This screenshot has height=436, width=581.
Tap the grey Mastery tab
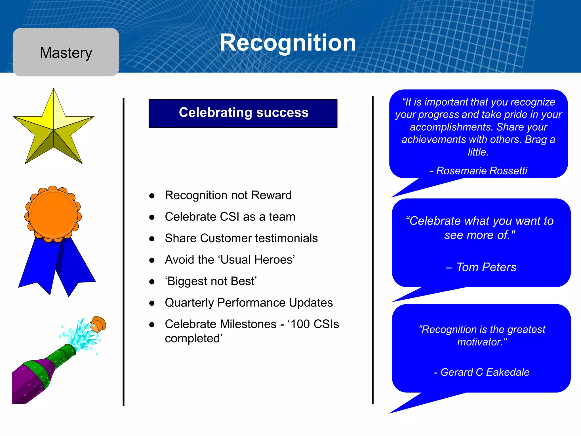pyautogui.click(x=66, y=53)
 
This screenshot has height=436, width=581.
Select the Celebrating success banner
pyautogui.click(x=243, y=113)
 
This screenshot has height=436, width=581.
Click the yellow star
pyautogui.click(x=54, y=128)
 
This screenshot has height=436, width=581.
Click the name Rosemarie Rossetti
pyautogui.click(x=481, y=171)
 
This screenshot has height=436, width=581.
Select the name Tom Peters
pyautogui.click(x=486, y=267)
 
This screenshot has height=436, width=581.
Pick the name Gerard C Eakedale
pyautogui.click(x=485, y=372)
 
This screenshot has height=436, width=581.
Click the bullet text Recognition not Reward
pyautogui.click(x=228, y=195)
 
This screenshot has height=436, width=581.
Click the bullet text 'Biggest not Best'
pyautogui.click(x=211, y=281)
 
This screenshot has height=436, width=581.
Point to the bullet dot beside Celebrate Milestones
pyautogui.click(x=152, y=325)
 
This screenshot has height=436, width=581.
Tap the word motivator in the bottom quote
pyautogui.click(x=479, y=342)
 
